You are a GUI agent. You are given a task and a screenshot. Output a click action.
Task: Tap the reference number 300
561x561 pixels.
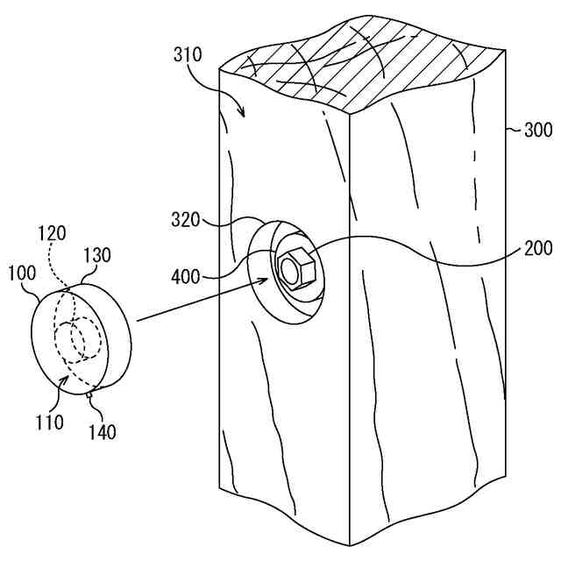pyautogui.click(x=537, y=131)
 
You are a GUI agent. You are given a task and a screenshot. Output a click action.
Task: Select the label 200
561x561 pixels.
pyautogui.click(x=536, y=247)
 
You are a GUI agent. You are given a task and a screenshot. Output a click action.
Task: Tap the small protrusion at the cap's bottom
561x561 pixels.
pyautogui.click(x=91, y=394)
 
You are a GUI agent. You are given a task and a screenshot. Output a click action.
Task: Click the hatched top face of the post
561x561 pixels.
pyautogui.click(x=368, y=70)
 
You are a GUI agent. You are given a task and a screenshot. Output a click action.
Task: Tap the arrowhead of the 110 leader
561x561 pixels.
pyautogui.click(x=67, y=379)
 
